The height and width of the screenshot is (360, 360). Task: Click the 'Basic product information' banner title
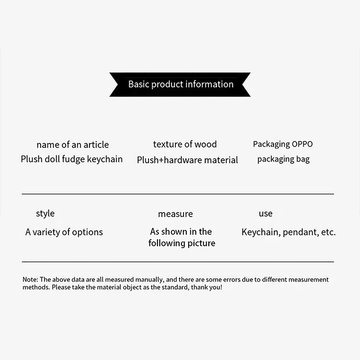pos(180,84)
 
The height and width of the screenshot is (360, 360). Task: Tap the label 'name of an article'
pos(72,144)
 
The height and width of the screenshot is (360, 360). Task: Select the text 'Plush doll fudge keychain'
pos(72,159)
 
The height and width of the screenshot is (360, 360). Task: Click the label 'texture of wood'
pos(184,144)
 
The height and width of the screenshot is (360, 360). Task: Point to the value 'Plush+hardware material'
pos(187,160)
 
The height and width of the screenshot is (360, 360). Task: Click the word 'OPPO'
pos(302,144)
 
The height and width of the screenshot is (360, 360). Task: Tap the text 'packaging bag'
pos(283,159)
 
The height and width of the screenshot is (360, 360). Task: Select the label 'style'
pos(45,213)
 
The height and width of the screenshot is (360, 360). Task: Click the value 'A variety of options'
pos(64,232)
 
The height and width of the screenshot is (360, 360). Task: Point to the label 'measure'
pos(175,214)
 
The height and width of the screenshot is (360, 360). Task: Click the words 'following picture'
pos(182,243)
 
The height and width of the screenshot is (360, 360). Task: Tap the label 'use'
pos(265,213)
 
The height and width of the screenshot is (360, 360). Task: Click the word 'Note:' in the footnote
pos(31,279)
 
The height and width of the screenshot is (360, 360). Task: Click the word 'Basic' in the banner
pos(139,84)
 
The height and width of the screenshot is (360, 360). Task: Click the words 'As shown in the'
pos(181,232)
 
